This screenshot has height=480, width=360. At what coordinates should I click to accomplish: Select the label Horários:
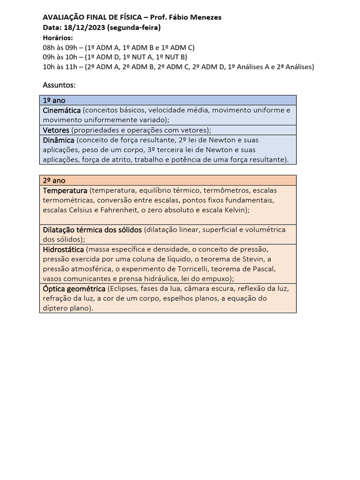(x=58, y=37)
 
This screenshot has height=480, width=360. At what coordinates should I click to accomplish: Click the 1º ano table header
(x=54, y=100)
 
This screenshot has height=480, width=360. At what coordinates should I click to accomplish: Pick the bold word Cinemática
(x=61, y=110)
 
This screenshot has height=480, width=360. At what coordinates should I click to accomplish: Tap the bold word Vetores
(x=56, y=130)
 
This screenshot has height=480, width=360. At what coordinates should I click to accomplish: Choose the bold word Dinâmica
(x=58, y=140)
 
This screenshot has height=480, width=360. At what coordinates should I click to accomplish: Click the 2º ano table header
(x=54, y=180)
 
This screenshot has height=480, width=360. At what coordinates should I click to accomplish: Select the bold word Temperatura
(x=65, y=191)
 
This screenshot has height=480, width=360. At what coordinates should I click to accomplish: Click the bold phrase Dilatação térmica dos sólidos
(x=92, y=229)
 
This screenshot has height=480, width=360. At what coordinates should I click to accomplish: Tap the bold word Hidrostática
(x=63, y=249)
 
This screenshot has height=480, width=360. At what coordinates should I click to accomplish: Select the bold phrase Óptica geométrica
(x=74, y=288)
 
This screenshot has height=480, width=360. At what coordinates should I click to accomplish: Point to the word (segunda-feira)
(x=134, y=28)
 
